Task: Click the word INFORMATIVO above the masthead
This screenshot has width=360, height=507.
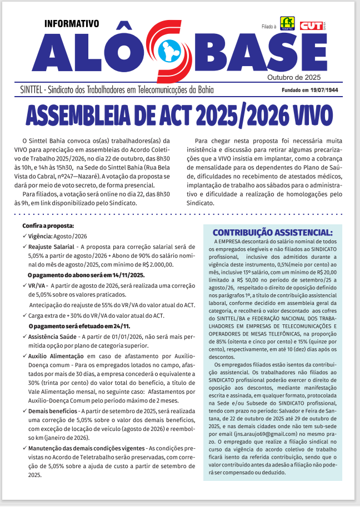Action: pyautogui.click(x=71, y=24)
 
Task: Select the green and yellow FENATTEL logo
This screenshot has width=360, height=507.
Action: pyautogui.click(x=287, y=23)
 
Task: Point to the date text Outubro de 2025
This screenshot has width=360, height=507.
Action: pyautogui.click(x=294, y=77)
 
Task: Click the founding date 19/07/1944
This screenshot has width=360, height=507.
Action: pyautogui.click(x=324, y=89)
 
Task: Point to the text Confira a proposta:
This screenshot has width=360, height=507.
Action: pyautogui.click(x=48, y=226)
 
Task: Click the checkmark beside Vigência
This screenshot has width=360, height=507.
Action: pyautogui.click(x=24, y=236)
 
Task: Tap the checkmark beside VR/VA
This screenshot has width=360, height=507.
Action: pyautogui.click(x=24, y=285)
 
